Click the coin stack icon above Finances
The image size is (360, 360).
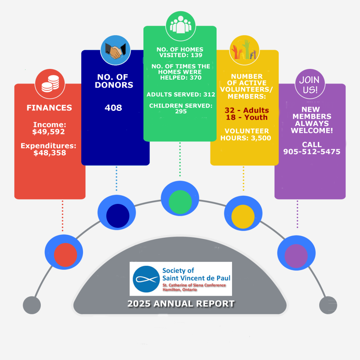[50, 84]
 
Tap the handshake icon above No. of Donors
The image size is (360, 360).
[115, 50]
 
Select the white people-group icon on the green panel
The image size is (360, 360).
[181, 25]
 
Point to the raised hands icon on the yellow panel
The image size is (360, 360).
[244, 50]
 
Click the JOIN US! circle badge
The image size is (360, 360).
[310, 84]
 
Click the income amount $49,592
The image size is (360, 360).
[49, 132]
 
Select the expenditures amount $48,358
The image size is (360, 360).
[50, 153]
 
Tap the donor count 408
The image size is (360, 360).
[113, 108]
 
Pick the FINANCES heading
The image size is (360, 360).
[49, 108]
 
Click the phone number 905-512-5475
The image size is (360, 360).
[311, 152]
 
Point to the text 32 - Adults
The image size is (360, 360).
[247, 110]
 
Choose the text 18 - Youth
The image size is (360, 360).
[247, 117]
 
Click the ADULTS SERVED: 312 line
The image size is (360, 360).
[181, 94]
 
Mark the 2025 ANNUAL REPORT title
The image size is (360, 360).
[181, 303]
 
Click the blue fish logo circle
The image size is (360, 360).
[146, 279]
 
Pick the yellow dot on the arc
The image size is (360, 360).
[243, 217]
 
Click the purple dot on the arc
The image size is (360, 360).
[296, 256]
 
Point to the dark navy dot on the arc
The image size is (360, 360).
[118, 216]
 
